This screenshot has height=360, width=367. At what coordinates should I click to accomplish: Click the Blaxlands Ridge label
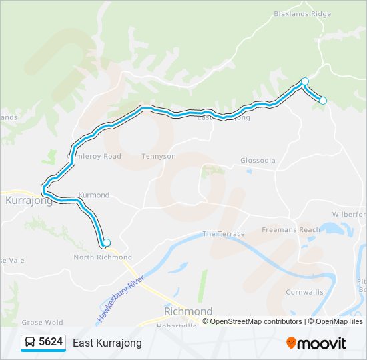[302, 13]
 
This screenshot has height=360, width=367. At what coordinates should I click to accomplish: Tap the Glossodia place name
[257, 161]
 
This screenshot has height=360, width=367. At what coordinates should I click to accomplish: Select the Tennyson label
[159, 156]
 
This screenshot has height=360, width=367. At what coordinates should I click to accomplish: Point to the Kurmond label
[94, 195]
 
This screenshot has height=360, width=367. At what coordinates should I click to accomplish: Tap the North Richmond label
[103, 257]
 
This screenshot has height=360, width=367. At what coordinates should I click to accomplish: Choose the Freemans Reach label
[290, 230]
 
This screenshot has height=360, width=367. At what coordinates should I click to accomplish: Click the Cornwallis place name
[304, 292]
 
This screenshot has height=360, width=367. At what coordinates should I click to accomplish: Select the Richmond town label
[188, 311]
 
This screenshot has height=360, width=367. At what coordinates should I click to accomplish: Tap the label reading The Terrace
[224, 234]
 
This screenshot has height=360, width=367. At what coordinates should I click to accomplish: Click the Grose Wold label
[42, 323]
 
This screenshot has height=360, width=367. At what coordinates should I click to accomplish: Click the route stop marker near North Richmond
[106, 243]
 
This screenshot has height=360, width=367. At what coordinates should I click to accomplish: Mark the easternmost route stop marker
[323, 101]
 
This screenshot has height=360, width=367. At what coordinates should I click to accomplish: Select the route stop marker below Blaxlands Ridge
[305, 81]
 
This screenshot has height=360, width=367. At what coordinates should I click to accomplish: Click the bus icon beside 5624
[31, 343]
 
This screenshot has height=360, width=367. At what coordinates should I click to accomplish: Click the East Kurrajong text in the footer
[107, 343]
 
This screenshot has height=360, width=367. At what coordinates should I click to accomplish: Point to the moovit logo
[316, 343]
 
